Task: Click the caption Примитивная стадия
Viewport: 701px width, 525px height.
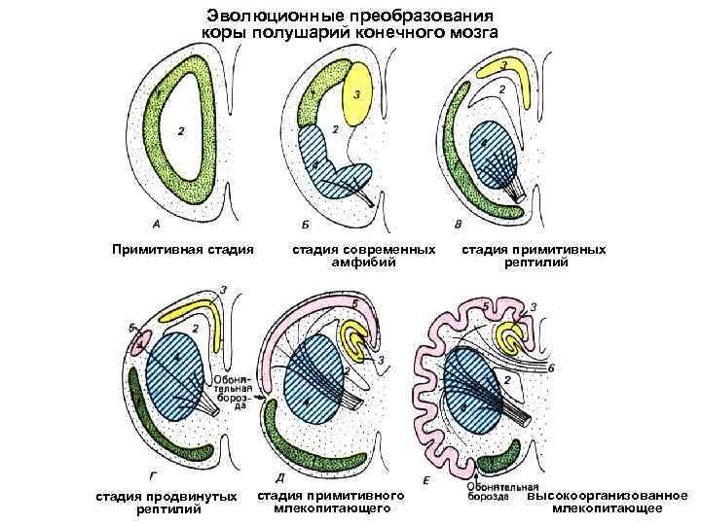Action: (x=183, y=250)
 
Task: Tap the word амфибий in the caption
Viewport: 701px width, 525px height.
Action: (x=365, y=263)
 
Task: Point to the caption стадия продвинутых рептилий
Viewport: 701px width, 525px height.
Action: (x=166, y=503)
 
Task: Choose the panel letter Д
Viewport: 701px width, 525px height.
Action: (x=280, y=477)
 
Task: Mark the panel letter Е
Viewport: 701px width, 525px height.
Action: (x=428, y=479)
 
